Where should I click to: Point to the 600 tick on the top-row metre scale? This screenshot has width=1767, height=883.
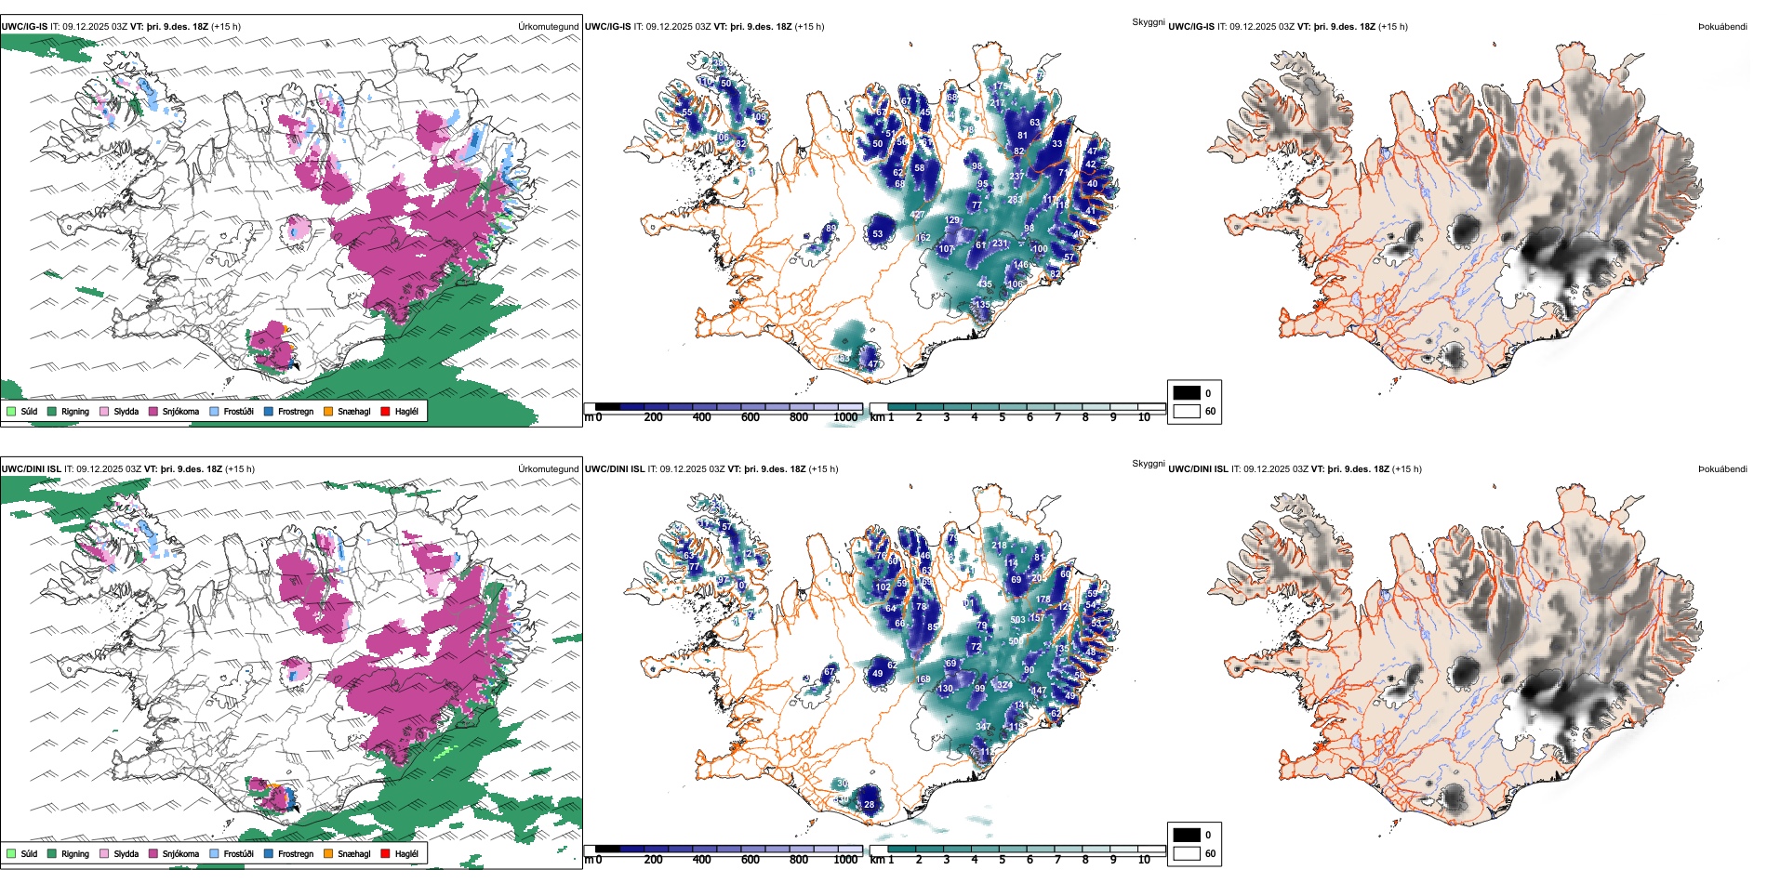[x=751, y=417]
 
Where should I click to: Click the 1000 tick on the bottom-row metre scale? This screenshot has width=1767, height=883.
[x=845, y=860]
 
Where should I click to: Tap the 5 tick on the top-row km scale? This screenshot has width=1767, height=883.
[x=1003, y=417]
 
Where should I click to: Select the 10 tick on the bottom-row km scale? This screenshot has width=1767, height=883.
[x=1144, y=860]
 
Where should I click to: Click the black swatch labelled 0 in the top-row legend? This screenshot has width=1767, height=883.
[x=1187, y=393]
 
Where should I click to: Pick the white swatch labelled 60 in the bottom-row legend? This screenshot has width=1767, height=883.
[x=1187, y=853]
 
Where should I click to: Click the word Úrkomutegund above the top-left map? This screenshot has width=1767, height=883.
[x=548, y=26]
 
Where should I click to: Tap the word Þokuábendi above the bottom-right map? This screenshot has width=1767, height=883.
[x=1722, y=468]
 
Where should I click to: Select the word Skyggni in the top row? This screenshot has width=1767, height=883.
[x=1148, y=21]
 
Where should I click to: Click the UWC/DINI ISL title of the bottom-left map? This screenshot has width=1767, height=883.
[x=31, y=468]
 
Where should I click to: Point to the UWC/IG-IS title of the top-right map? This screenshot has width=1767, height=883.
[x=1191, y=26]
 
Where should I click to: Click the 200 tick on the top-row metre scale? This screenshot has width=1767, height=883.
[x=654, y=417]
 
